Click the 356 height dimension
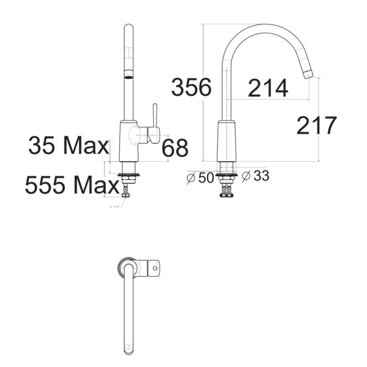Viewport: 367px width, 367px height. (191, 88)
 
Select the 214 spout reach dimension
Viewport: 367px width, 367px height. (268, 88)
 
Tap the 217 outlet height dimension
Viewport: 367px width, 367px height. (317, 126)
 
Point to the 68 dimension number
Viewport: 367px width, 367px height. (175, 148)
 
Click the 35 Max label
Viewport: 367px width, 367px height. (69, 146)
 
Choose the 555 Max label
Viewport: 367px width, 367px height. (72, 185)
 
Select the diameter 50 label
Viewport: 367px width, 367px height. (201, 177)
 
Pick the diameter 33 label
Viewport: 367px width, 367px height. (256, 176)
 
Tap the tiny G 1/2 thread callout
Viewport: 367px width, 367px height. (116, 207)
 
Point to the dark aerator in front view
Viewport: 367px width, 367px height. (129, 74)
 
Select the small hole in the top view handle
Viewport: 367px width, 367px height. (155, 269)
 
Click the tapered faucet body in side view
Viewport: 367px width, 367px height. (226, 141)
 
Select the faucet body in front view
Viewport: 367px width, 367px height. (129, 141)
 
